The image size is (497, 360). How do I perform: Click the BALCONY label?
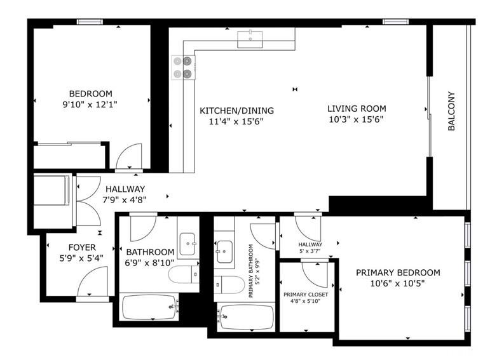[451, 111]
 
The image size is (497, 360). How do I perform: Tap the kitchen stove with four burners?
[184, 67]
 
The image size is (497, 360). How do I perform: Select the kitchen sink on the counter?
[250, 39]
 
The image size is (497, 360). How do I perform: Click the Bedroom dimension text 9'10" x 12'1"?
[90, 104]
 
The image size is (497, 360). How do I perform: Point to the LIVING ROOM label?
[357, 109]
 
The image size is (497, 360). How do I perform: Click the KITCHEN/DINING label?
[237, 110]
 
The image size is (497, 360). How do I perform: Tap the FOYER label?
[82, 247]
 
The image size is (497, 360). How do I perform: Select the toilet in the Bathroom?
[184, 274]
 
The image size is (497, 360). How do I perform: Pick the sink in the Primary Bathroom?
[224, 251]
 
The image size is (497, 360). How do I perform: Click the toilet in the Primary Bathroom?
[229, 284]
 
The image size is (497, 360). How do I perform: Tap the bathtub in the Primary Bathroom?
[247, 317]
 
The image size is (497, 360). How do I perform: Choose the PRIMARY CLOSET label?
[306, 295]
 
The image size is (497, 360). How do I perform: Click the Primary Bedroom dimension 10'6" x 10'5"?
[397, 283]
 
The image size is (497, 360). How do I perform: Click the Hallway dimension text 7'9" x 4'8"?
[125, 200]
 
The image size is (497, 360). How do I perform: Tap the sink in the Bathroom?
[187, 244]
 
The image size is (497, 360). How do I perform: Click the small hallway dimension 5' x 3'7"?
[310, 251]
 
